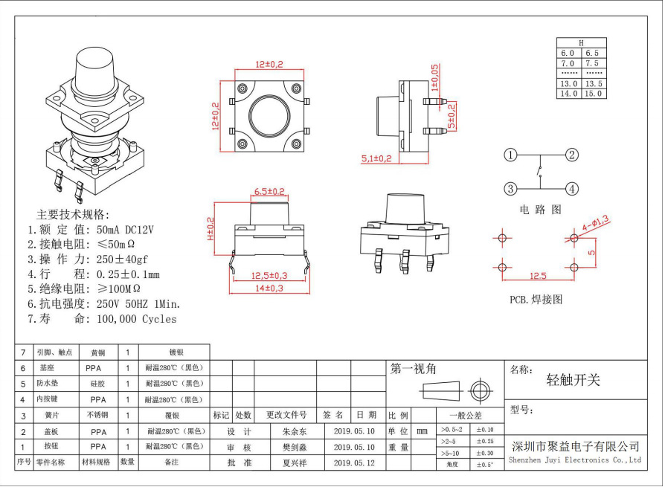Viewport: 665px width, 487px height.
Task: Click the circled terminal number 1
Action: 510,155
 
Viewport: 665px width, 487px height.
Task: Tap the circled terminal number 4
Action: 571,188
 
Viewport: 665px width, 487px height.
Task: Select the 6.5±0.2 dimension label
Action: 270,192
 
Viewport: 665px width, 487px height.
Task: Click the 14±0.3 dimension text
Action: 269,288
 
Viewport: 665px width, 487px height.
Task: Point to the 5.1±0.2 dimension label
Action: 377,158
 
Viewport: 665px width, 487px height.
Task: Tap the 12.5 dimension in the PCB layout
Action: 537,276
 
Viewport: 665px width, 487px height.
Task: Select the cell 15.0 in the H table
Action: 593,94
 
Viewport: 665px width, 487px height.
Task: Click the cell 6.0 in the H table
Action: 568,54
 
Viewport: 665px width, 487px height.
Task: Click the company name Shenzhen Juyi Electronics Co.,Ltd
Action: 574,459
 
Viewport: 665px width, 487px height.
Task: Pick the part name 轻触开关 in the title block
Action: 574,380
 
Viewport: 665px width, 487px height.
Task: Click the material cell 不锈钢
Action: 98,415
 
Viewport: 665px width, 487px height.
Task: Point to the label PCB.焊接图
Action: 536,299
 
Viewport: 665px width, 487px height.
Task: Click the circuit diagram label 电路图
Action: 541,210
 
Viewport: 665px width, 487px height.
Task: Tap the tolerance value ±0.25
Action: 485,442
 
